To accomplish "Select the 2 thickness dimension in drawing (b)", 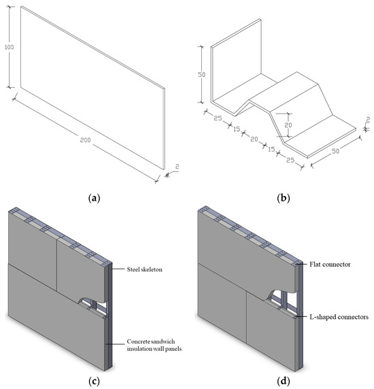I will (367, 122).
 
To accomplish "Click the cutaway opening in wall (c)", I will (88, 303).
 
